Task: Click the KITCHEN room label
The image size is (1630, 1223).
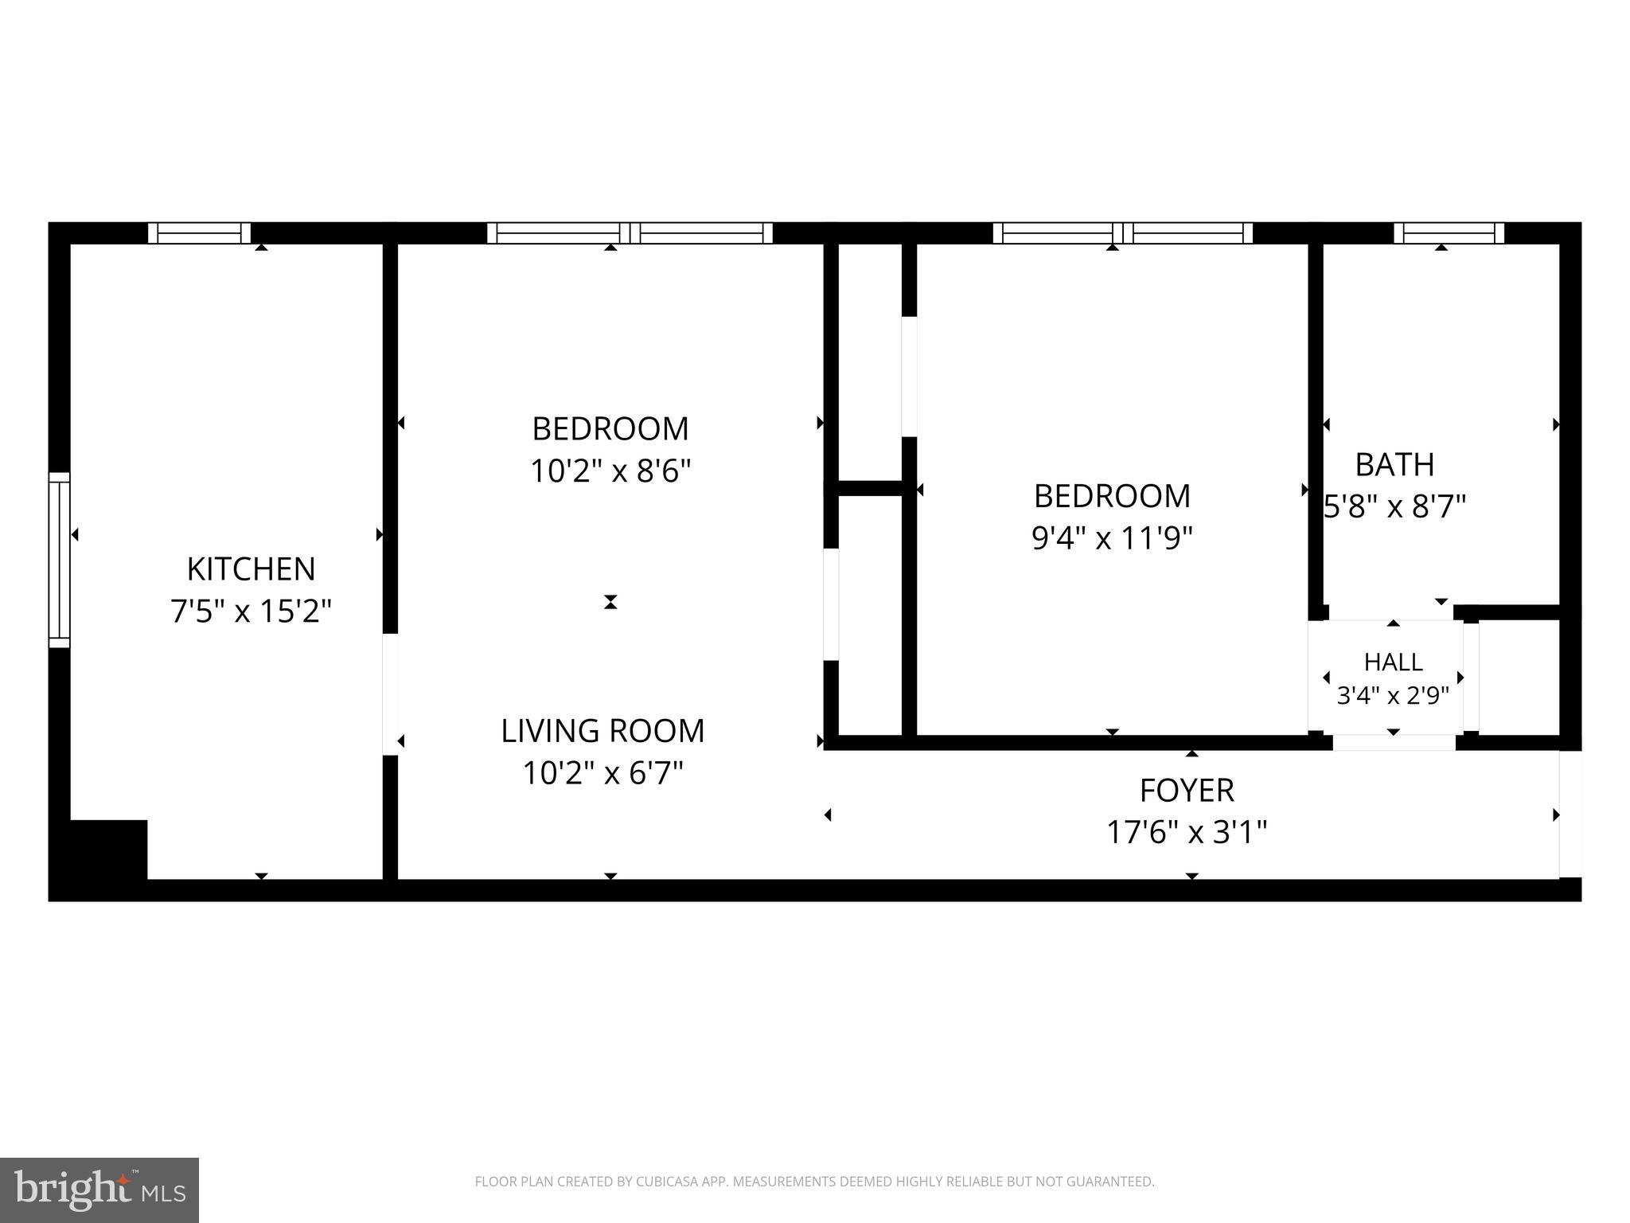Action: (251, 569)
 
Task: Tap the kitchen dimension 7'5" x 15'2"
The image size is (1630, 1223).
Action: (251, 611)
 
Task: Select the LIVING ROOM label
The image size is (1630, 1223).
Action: (602, 731)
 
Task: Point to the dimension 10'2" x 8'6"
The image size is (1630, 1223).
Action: (610, 471)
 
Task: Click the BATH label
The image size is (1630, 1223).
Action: (1394, 465)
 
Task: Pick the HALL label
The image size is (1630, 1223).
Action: (1393, 662)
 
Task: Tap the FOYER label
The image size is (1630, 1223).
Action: (1187, 791)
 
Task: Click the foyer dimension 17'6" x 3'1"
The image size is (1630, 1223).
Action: (1187, 833)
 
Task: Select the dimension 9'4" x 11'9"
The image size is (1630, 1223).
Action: (1112, 538)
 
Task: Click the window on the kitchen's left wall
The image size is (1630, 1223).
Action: (59, 560)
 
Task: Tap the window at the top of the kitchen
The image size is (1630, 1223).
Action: (200, 232)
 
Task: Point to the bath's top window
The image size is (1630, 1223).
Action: (1449, 232)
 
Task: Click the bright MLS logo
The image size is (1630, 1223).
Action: (99, 1190)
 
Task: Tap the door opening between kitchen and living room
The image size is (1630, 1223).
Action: (390, 694)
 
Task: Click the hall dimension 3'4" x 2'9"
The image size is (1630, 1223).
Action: (1393, 696)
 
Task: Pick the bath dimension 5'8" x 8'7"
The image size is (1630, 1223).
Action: (1394, 506)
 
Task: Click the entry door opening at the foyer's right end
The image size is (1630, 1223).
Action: (1570, 814)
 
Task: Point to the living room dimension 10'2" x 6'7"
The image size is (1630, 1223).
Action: (602, 772)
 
